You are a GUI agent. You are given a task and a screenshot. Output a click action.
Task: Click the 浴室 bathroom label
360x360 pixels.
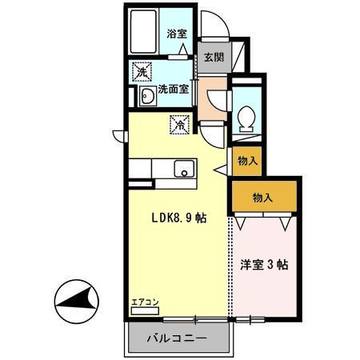pos(176,34)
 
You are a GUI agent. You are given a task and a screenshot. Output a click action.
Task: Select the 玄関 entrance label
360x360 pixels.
pos(213,57)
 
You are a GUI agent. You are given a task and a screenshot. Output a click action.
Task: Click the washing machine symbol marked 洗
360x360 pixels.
pos(142,73)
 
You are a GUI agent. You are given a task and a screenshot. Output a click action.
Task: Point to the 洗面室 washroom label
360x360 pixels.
pos(173,90)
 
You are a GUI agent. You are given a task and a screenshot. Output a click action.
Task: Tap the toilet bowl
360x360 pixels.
pos(247,118)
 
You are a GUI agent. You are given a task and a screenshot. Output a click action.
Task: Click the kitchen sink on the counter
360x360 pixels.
pos(184,170)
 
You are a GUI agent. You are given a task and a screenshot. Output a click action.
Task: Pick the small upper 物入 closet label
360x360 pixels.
pos(247,161)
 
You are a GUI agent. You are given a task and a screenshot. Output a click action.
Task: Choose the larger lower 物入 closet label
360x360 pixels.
pos(262,197)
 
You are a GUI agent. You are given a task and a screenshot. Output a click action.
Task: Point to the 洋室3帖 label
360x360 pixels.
pos(264,264)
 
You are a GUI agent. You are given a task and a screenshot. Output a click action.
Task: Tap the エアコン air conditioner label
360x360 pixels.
pos(145,302)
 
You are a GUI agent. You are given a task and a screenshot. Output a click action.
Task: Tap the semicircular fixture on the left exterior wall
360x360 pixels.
pos(119,137)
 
